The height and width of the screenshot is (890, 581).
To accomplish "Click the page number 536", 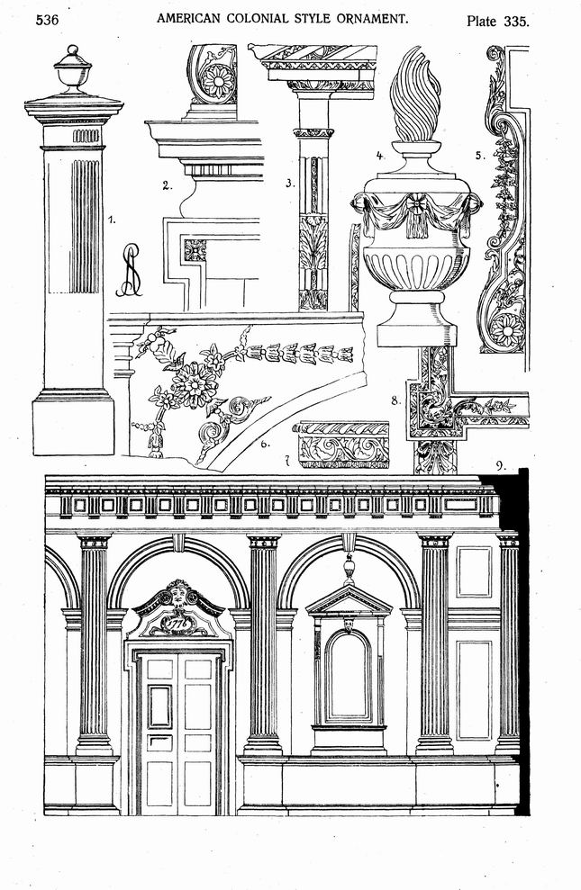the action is coord(47,21).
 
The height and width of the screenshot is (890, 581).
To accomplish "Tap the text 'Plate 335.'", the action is coord(497,22).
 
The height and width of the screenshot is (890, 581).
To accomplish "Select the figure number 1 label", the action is coord(112,219).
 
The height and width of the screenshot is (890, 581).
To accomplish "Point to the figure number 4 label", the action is coord(380,155).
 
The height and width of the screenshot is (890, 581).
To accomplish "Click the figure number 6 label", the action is coord(265,444).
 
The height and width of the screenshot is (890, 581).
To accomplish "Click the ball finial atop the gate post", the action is coord(73,52).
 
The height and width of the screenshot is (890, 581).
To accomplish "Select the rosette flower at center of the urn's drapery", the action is coord(417,202).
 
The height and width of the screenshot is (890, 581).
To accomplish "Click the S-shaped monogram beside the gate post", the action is coord(130,270).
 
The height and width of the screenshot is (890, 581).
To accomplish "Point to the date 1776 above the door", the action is coord(177,624).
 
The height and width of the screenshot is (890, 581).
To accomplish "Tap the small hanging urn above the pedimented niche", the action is coord(349,568).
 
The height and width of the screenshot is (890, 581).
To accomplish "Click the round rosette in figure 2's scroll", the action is coord(219,81).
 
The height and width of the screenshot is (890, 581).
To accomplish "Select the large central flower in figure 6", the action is coord(195,383).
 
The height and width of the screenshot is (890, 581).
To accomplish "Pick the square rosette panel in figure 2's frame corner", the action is coord(195,250).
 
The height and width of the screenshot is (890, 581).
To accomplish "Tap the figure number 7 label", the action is coord(287,462).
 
